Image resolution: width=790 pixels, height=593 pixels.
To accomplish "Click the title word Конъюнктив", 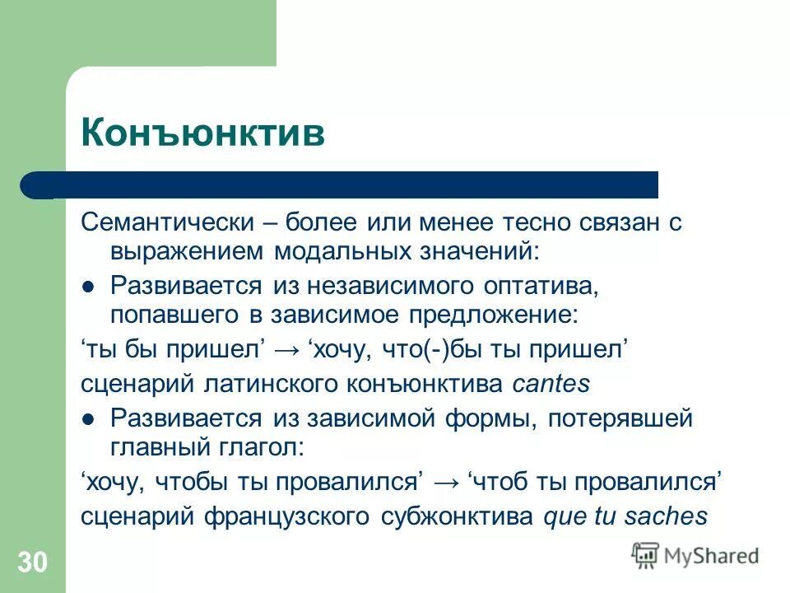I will [202, 133].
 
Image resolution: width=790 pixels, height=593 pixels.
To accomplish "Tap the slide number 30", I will [32, 563].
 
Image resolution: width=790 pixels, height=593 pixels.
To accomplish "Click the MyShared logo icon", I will [645, 556].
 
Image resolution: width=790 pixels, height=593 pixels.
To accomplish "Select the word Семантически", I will [169, 222].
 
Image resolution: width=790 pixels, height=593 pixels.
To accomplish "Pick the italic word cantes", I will [551, 384].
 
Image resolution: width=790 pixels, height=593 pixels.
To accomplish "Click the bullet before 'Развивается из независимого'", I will [90, 286].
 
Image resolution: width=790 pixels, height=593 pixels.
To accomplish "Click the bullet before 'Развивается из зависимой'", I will [90, 418].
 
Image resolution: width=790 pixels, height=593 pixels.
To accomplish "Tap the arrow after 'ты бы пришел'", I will [288, 350].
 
